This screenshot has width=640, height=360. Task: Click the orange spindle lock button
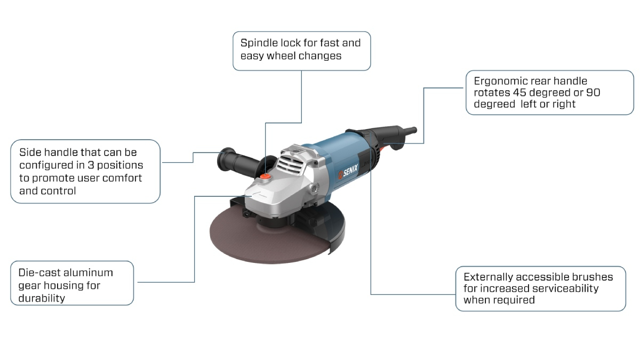[266, 177]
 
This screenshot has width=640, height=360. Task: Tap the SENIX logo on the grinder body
[348, 172]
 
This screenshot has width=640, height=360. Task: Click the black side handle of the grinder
[238, 162]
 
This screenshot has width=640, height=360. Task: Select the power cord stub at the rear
[409, 131]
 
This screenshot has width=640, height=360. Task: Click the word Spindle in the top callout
[259, 43]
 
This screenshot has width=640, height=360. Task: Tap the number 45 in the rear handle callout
[519, 93]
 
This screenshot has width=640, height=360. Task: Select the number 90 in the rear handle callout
[593, 93]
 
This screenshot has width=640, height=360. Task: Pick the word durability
[42, 298]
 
